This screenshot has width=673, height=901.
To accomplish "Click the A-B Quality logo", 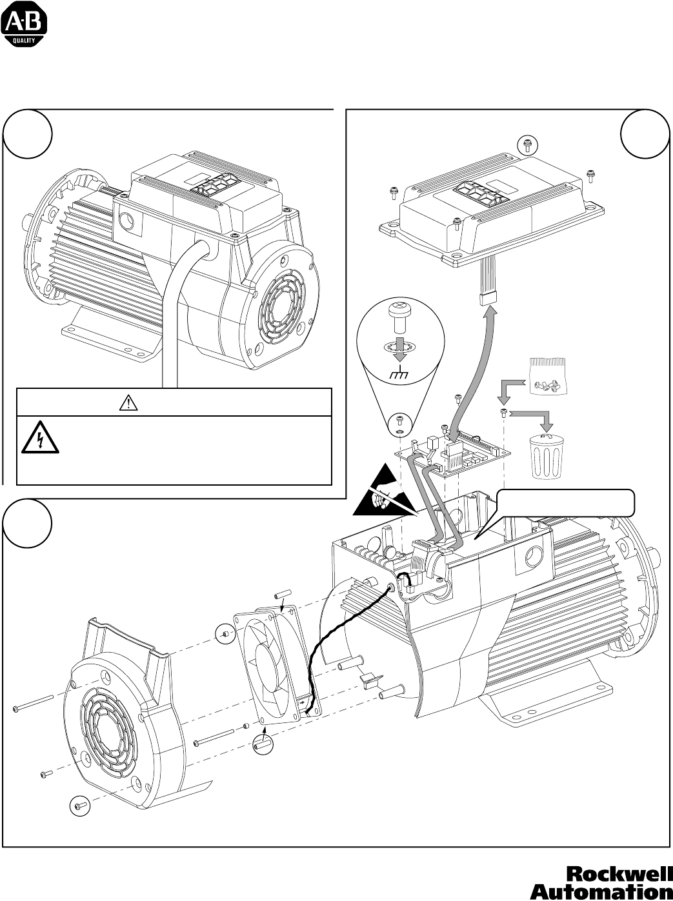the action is pyautogui.click(x=24, y=26).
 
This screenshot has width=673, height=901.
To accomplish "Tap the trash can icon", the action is pyautogui.click(x=547, y=455).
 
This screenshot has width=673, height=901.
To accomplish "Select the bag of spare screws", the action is pyautogui.click(x=547, y=375).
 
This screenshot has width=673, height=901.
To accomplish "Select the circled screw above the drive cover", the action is pyautogui.click(x=527, y=145).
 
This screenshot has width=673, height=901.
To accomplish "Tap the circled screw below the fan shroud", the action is pyautogui.click(x=80, y=805).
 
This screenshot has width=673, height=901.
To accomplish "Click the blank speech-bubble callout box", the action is pyautogui.click(x=565, y=503).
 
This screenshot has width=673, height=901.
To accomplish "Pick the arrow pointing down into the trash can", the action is pyautogui.click(x=532, y=419).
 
